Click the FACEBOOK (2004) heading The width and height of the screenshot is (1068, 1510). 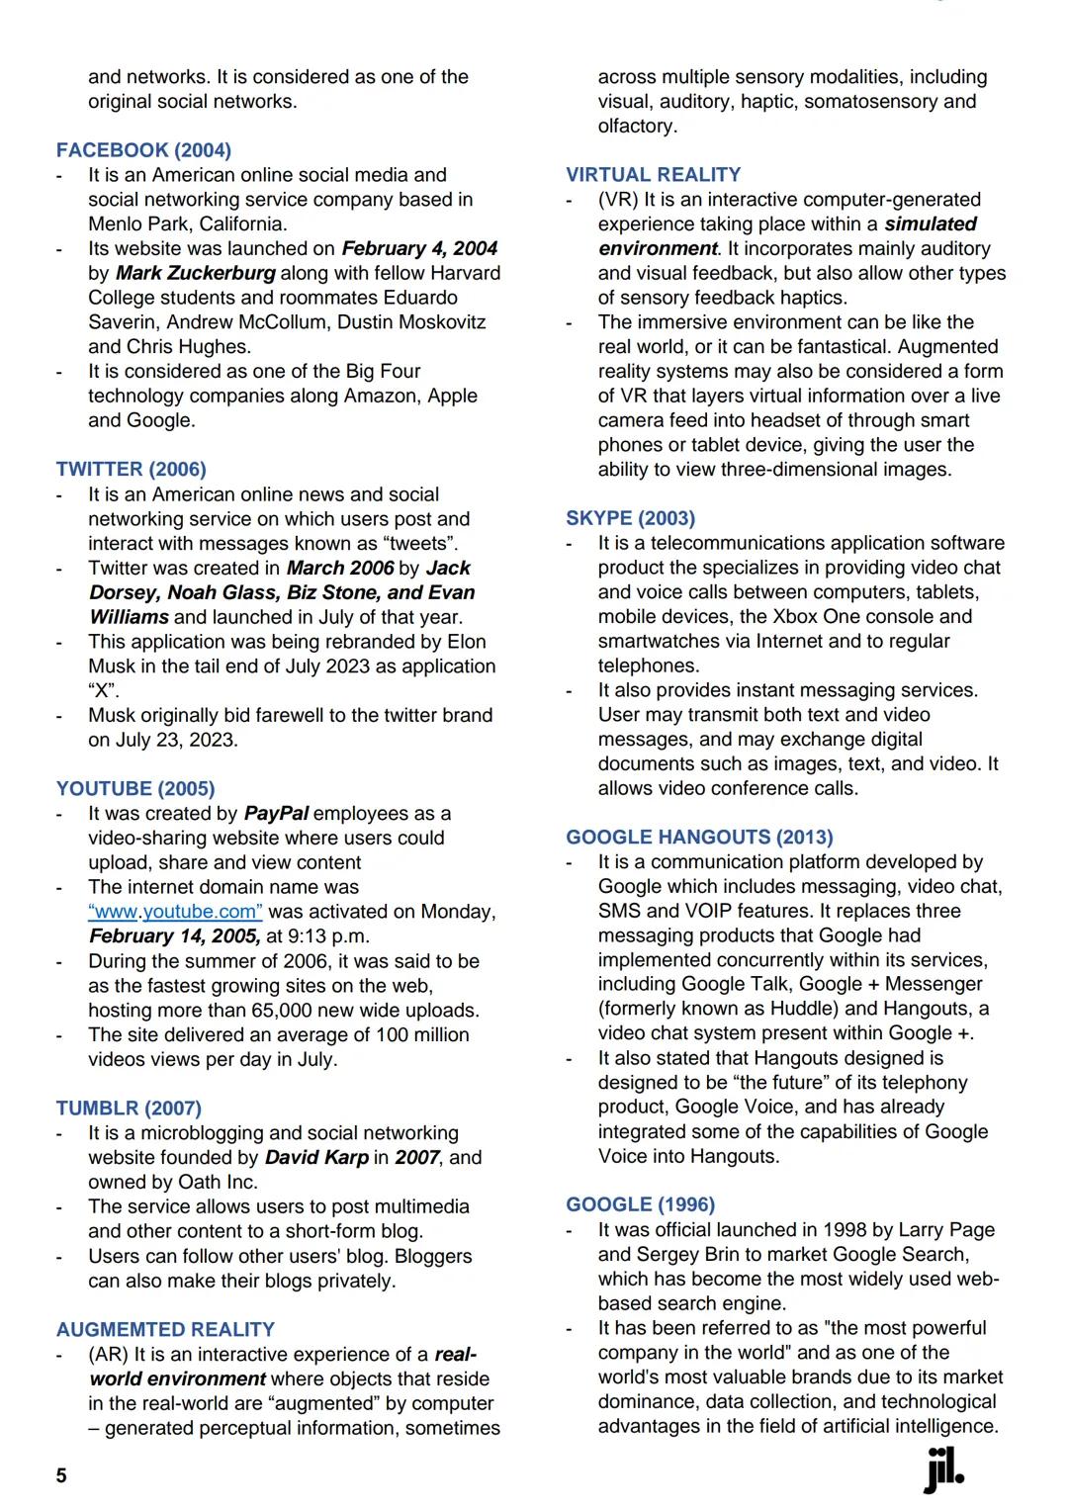tap(143, 150)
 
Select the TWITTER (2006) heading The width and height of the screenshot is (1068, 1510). tap(132, 469)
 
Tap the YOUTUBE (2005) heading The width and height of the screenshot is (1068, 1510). tap(135, 788)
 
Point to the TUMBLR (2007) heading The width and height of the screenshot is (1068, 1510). tap(129, 1108)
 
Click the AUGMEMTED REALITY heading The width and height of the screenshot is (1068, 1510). tap(165, 1329)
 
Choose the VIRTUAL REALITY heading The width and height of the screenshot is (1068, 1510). tap(653, 174)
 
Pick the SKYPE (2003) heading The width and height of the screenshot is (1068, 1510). tap(630, 518)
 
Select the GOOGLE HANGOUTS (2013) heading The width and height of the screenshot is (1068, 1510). tap(699, 838)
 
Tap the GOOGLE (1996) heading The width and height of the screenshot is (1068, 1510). tap(640, 1204)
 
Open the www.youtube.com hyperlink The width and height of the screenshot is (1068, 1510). tap(175, 912)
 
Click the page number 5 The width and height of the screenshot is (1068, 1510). tap(61, 1475)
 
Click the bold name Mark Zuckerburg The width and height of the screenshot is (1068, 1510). tap(196, 273)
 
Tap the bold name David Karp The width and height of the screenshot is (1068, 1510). tap(316, 1157)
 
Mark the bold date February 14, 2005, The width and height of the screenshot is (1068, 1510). tap(175, 935)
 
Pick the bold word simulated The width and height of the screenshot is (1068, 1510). tap(930, 223)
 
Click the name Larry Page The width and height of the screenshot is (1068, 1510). tap(946, 1229)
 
